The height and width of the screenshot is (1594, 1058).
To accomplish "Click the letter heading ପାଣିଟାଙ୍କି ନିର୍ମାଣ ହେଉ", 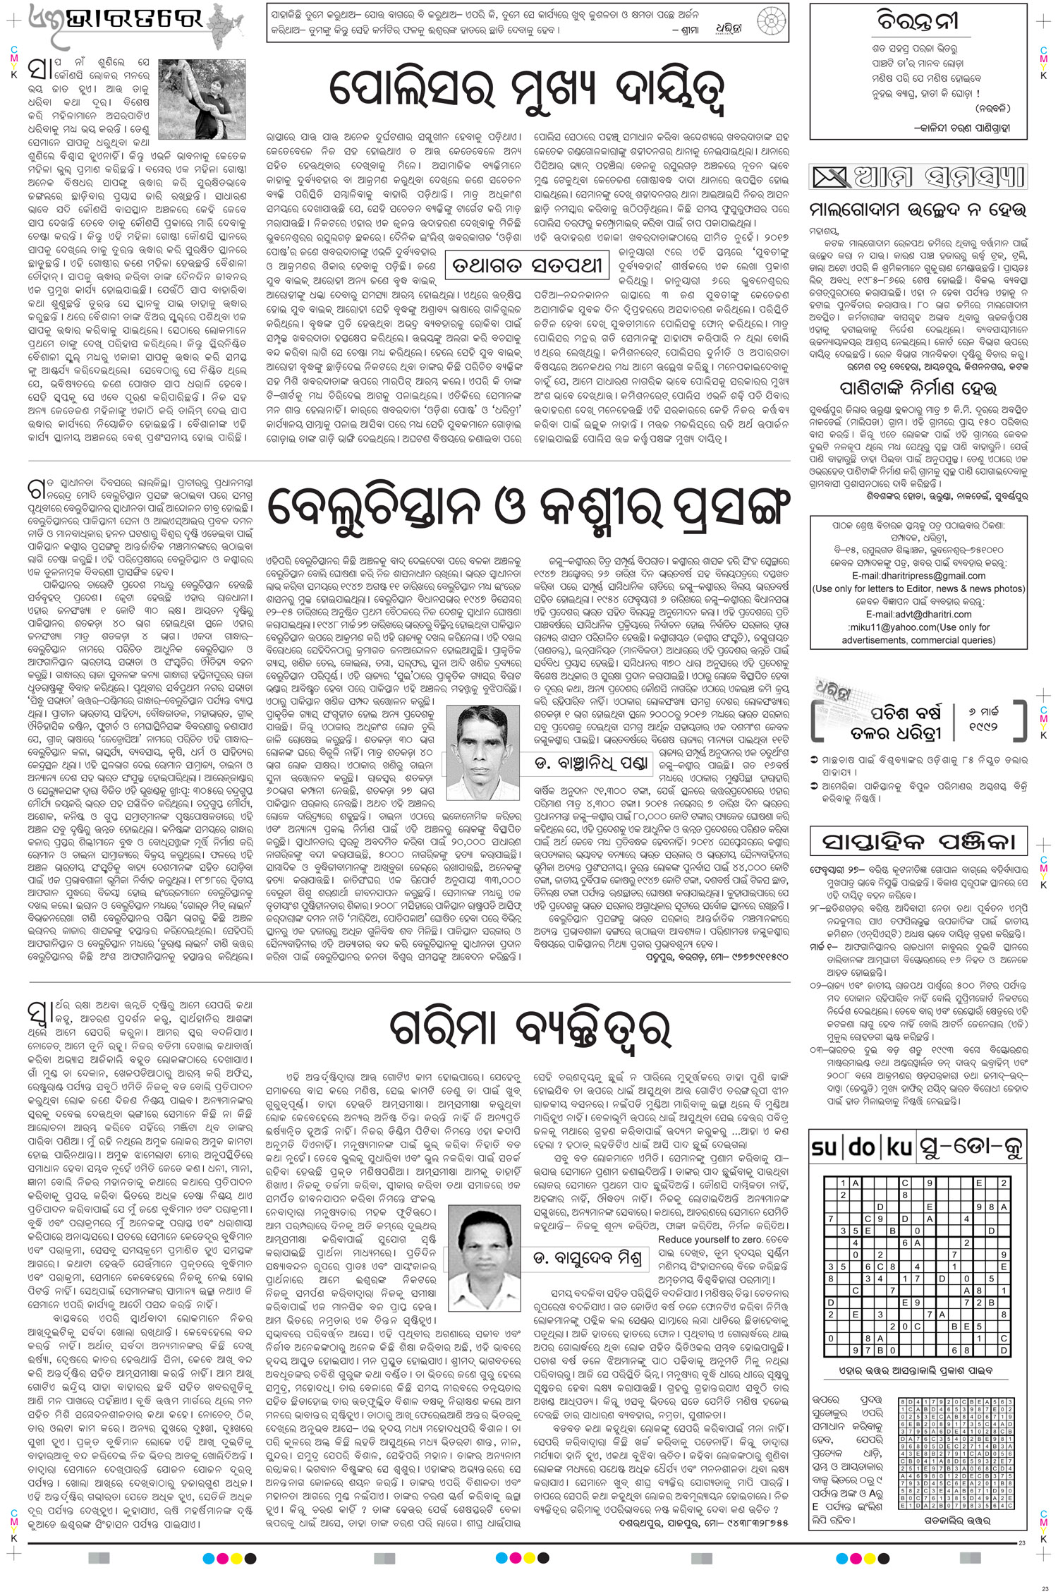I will pos(917,388).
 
